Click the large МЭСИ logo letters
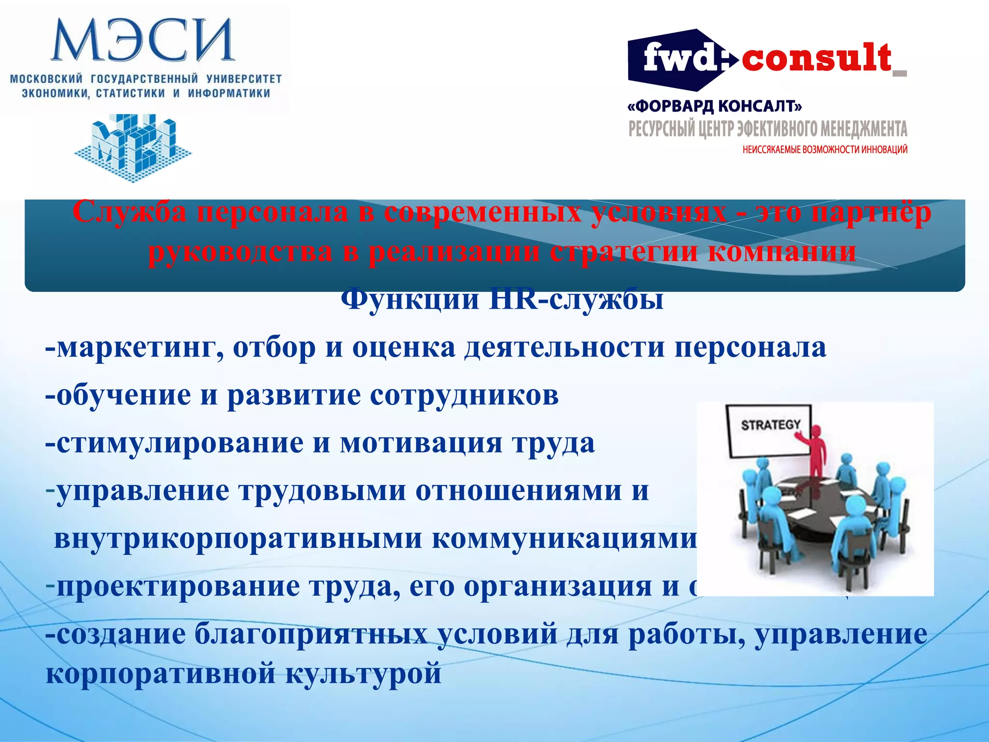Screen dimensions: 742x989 pyautogui.click(x=142, y=40)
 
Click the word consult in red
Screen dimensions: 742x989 pyautogui.click(x=816, y=58)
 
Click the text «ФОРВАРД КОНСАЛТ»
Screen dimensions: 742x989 pyautogui.click(x=715, y=106)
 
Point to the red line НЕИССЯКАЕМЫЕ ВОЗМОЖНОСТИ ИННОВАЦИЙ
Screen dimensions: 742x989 pyautogui.click(x=825, y=149)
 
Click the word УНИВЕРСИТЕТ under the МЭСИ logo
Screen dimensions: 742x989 pyautogui.click(x=244, y=78)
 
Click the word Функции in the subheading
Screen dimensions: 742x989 pyautogui.click(x=410, y=300)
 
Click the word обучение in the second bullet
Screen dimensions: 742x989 pyautogui.click(x=124, y=395)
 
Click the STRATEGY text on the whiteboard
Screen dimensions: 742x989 pyautogui.click(x=771, y=425)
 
